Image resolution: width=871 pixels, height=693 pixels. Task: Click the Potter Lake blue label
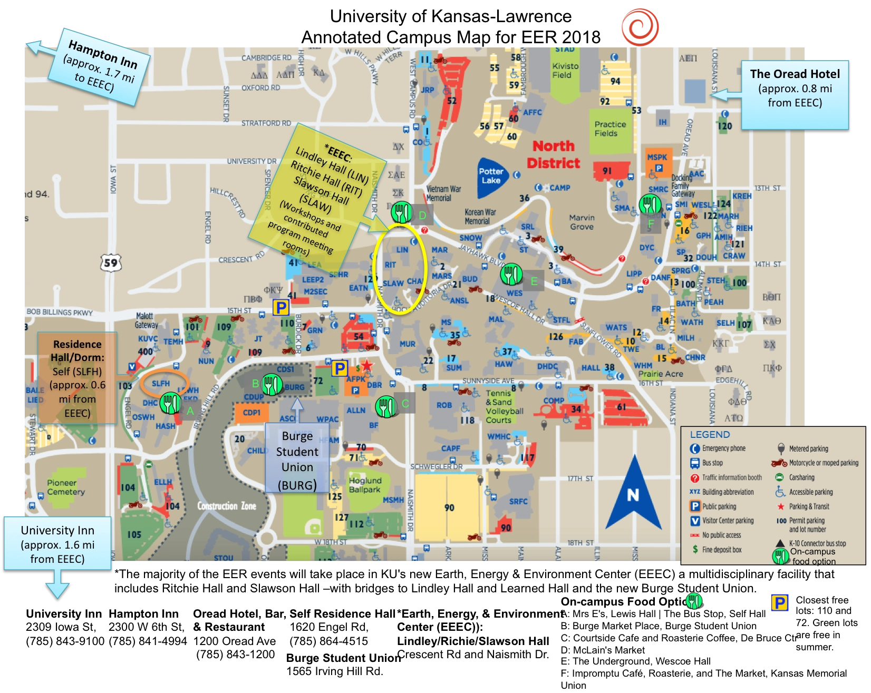pyautogui.click(x=491, y=176)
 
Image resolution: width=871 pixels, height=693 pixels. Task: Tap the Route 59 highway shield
pyautogui.click(x=111, y=262)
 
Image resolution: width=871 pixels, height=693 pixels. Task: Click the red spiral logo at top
pyautogui.click(x=640, y=25)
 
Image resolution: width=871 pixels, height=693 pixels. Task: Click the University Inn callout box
pyautogui.click(x=57, y=544)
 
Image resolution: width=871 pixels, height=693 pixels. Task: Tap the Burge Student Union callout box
pyautogui.click(x=297, y=460)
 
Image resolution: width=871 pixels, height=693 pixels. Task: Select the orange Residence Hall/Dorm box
pyautogui.click(x=77, y=378)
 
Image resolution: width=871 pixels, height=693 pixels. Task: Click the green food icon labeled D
pyautogui.click(x=401, y=213)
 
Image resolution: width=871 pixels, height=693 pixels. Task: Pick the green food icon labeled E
pyautogui.click(x=510, y=275)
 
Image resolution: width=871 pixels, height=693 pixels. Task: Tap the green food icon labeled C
pyautogui.click(x=385, y=406)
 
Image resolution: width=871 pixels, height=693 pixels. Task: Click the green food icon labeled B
pyautogui.click(x=272, y=385)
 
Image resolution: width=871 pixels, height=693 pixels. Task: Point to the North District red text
pyautogui.click(x=553, y=154)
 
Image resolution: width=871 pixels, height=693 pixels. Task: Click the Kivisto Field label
pyautogui.click(x=565, y=71)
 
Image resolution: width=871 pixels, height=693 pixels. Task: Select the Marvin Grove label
pyautogui.click(x=582, y=222)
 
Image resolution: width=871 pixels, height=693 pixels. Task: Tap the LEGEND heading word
pyautogui.click(x=710, y=435)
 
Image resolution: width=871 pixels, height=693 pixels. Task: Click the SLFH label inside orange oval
pyautogui.click(x=161, y=384)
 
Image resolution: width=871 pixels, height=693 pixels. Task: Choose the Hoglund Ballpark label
pyautogui.click(x=365, y=485)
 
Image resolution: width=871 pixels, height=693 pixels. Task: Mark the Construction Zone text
pyautogui.click(x=227, y=506)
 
